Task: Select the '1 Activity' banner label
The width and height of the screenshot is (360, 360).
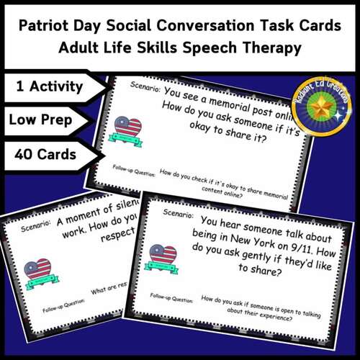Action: (49, 88)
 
